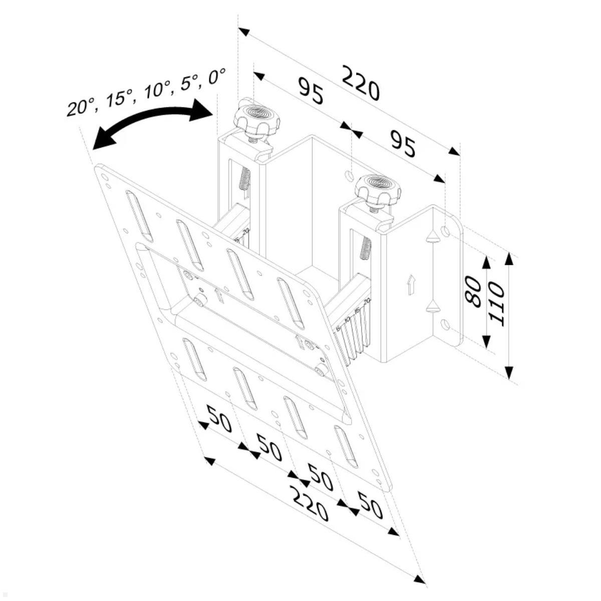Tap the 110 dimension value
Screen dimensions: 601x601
(495, 304)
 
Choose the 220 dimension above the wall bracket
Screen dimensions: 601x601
(361, 83)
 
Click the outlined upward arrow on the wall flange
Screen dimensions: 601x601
(410, 285)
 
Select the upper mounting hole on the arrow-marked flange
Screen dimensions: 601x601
(446, 231)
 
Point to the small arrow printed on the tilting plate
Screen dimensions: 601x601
(219, 295)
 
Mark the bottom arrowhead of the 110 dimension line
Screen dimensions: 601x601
(509, 373)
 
